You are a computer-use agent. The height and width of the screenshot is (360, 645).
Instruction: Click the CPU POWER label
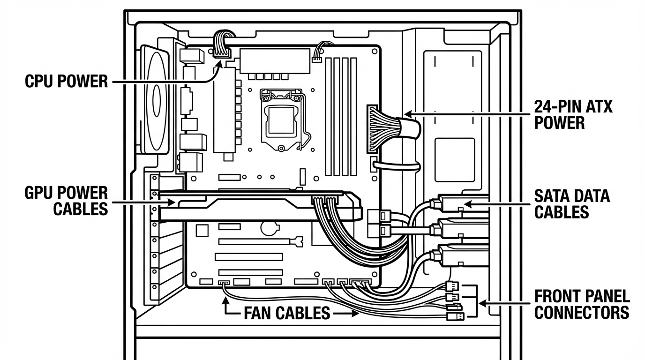tap(66, 81)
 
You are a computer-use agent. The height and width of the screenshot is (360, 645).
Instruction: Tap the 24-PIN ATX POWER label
tap(573, 115)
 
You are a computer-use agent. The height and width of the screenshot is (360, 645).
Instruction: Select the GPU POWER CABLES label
tap(66, 201)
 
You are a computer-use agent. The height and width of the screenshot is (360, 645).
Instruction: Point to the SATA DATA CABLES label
tap(572, 204)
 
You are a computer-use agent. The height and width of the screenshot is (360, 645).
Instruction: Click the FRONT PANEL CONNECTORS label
tap(582, 304)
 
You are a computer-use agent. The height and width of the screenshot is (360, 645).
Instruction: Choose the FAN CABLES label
tap(287, 313)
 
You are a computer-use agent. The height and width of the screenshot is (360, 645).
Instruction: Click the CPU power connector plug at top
tap(222, 52)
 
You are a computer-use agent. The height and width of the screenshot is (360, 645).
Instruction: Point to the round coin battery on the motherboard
tap(270, 228)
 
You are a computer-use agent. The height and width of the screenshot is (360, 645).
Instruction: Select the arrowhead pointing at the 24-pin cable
tap(408, 114)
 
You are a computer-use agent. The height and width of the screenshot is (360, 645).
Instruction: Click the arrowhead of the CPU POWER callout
tap(219, 64)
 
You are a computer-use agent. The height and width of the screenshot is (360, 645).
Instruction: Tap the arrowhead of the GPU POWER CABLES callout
tap(172, 202)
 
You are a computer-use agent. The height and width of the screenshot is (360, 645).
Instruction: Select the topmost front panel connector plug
tap(452, 286)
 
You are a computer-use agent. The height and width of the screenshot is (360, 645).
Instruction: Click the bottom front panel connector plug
tap(456, 316)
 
